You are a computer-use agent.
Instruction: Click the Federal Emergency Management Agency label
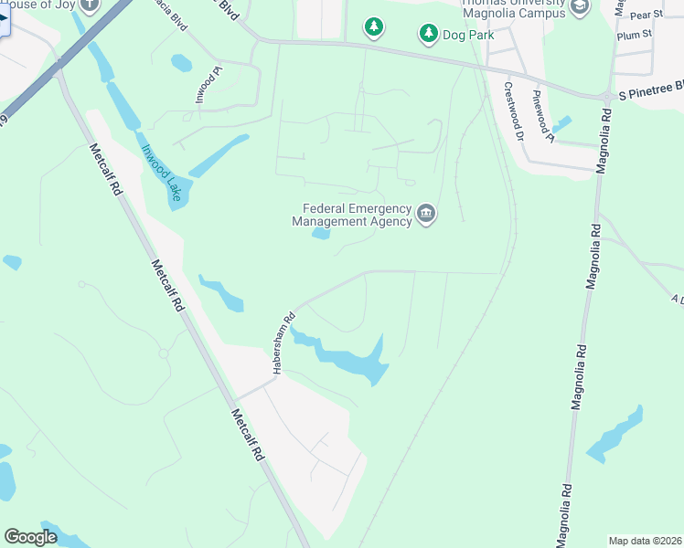(351, 214)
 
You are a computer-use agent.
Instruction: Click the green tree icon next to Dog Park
(428, 35)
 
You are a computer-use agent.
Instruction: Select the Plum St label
(633, 35)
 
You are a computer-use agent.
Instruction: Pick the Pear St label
(646, 16)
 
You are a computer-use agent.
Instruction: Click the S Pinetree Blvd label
(651, 90)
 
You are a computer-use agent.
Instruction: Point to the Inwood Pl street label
(207, 83)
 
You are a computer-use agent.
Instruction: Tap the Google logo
(30, 537)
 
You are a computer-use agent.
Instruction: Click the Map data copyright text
(645, 541)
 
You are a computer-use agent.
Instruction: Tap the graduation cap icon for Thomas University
(579, 7)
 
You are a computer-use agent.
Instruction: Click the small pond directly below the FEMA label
(321, 234)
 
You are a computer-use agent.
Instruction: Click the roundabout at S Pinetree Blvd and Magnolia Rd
(605, 97)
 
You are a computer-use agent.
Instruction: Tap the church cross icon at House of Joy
(89, 5)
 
